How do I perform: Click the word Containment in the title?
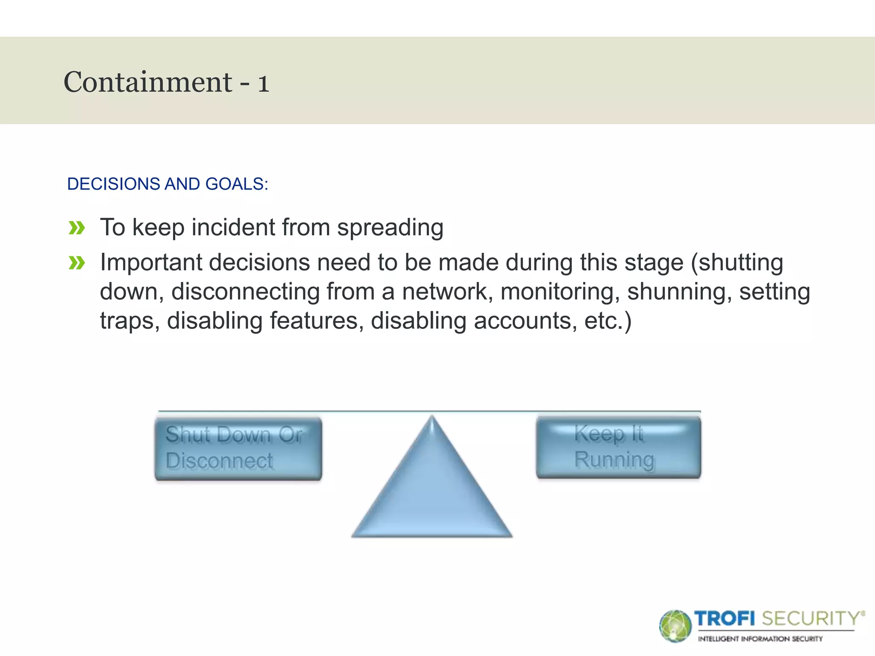tap(147, 82)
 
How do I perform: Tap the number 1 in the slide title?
tap(263, 83)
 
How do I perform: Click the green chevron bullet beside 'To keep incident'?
tap(77, 228)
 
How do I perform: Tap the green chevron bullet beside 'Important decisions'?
tap(77, 263)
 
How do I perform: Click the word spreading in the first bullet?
tap(390, 228)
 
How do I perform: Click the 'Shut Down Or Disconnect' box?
tap(238, 448)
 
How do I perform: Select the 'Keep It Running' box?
tap(618, 447)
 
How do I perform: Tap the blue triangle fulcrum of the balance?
tap(432, 491)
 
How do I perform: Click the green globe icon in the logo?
tap(675, 626)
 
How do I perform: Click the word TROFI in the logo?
tap(725, 618)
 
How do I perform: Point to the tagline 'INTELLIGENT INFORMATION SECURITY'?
tap(760, 639)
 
